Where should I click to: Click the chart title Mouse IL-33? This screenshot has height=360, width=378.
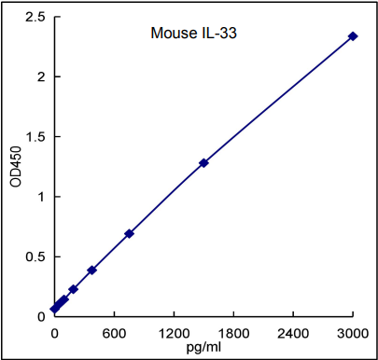click(x=198, y=35)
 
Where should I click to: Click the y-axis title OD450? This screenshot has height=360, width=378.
click(x=15, y=165)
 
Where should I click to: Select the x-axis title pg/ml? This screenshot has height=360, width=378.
click(x=203, y=347)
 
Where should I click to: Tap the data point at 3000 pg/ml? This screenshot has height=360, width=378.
click(x=353, y=36)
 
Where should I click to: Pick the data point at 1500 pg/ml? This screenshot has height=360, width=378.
click(x=203, y=163)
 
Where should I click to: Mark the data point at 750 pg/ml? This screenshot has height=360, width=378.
click(x=129, y=233)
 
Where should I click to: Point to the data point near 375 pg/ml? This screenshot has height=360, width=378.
click(x=91, y=270)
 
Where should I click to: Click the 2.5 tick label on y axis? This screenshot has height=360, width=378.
click(x=34, y=18)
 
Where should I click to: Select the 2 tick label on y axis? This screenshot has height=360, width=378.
click(x=39, y=77)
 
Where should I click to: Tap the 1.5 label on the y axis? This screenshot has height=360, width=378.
click(x=34, y=137)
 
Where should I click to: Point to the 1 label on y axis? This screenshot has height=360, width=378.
click(x=39, y=197)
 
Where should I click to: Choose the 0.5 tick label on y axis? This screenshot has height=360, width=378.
click(x=34, y=256)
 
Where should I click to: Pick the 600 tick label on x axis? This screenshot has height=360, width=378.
click(x=114, y=333)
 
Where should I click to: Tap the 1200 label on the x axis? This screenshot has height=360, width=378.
click(x=174, y=333)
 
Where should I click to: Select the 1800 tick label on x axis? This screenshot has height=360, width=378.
click(x=233, y=333)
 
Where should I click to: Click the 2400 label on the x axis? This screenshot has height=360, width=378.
click(x=293, y=333)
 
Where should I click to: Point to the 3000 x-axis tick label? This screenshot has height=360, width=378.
click(x=353, y=333)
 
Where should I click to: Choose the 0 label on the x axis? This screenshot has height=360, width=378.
click(x=54, y=333)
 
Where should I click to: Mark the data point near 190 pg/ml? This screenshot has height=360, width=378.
click(x=73, y=289)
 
